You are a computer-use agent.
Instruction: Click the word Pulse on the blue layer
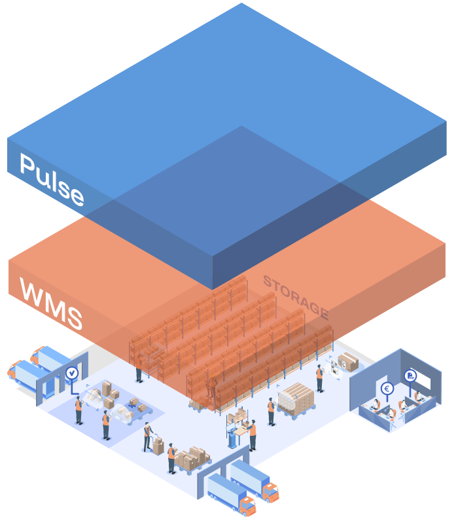[x=52, y=179]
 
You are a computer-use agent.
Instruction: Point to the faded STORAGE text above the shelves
[x=294, y=295]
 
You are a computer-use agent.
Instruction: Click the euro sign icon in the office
[x=387, y=388]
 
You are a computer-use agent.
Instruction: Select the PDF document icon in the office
[x=410, y=376]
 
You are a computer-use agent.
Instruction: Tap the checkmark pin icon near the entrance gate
[x=72, y=374]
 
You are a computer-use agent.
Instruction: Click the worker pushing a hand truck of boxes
[x=148, y=436]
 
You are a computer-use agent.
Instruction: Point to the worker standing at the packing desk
[x=252, y=434]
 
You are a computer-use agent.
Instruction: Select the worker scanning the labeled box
[x=319, y=378]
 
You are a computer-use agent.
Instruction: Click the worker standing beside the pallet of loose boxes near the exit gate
[x=171, y=457]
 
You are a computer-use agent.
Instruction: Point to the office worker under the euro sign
[x=378, y=406]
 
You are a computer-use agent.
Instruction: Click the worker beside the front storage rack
[x=139, y=370]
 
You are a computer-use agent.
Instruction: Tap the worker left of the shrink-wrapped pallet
[x=271, y=412]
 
